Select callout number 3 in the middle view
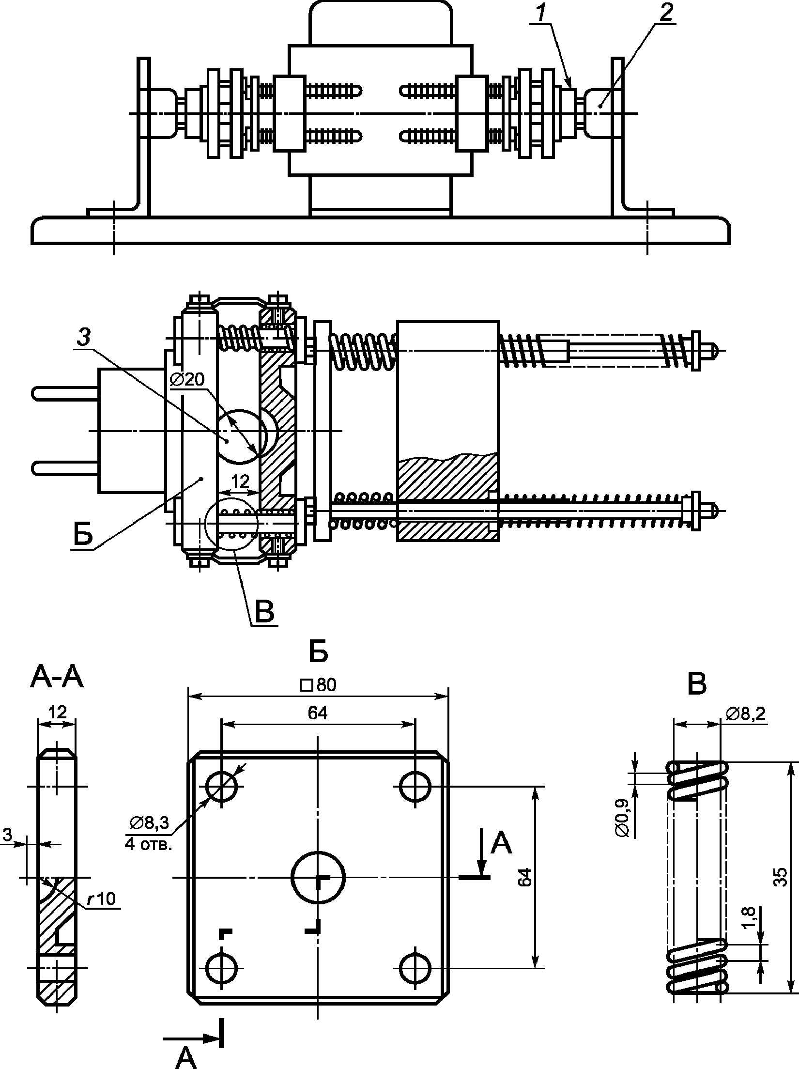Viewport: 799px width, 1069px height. coord(83,338)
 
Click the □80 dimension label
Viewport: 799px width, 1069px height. coord(318,685)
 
